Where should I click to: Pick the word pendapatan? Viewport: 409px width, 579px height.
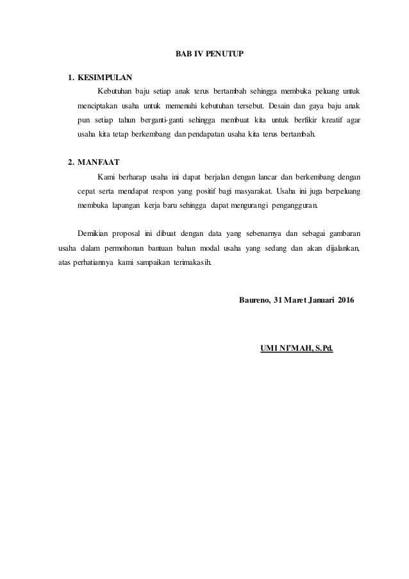coord(201,135)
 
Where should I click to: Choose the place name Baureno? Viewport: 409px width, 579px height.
coord(254,300)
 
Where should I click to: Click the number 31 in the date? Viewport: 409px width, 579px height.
coord(278,300)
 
